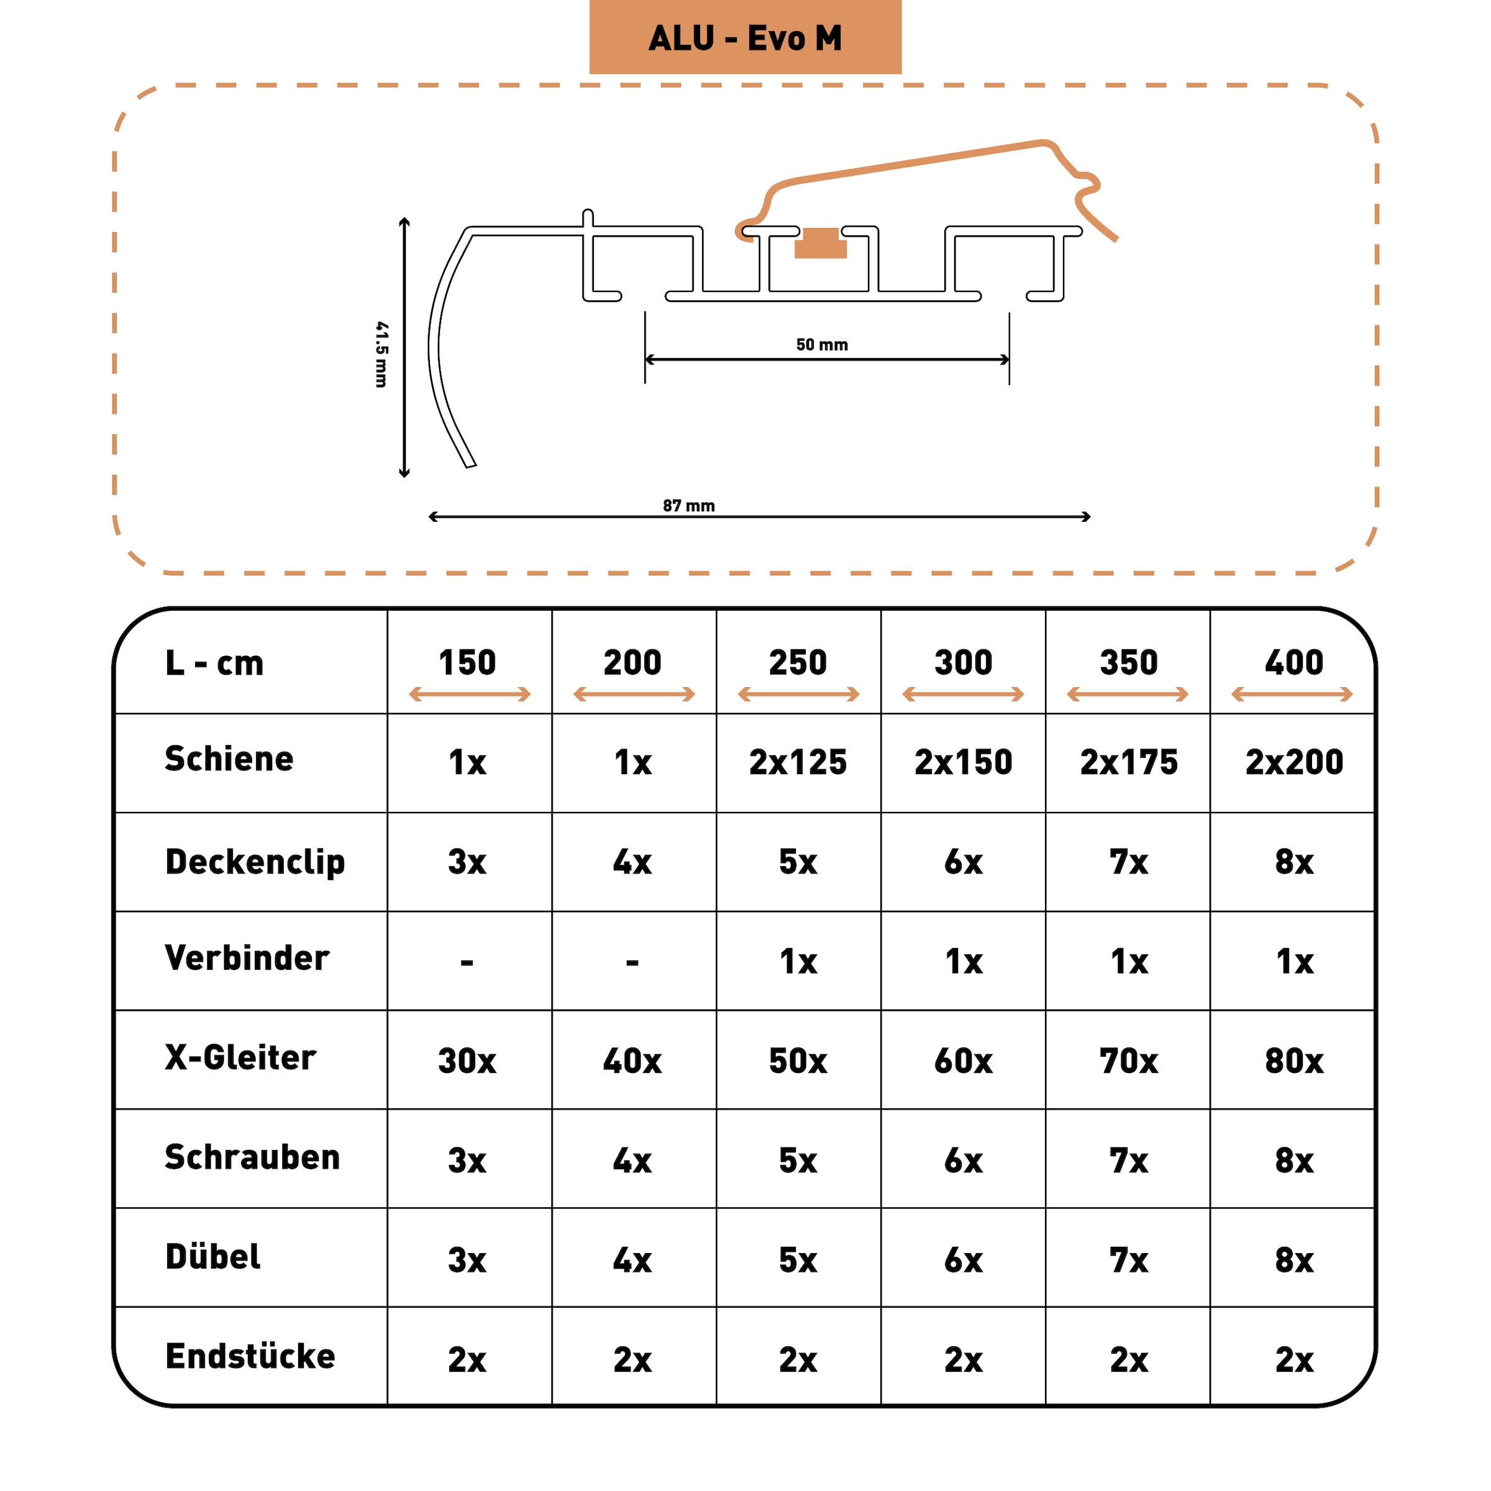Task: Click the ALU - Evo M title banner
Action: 745,38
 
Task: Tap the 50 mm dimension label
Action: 822,345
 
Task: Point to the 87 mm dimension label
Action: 688,506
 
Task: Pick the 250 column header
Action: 798,663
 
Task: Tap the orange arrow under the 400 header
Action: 1293,695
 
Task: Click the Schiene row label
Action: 229,759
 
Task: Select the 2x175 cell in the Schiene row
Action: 1128,762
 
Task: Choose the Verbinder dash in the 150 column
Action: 467,962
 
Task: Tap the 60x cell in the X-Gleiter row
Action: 963,1061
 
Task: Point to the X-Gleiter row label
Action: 240,1058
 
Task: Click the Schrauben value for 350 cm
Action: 1128,1160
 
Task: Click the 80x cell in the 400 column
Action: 1293,1061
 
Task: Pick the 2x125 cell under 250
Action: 798,762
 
